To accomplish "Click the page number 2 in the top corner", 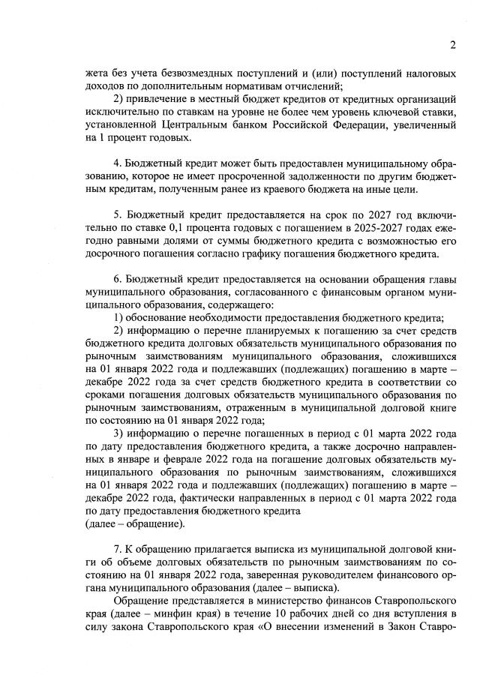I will [x=452, y=44].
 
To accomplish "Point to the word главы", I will [x=442, y=280].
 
